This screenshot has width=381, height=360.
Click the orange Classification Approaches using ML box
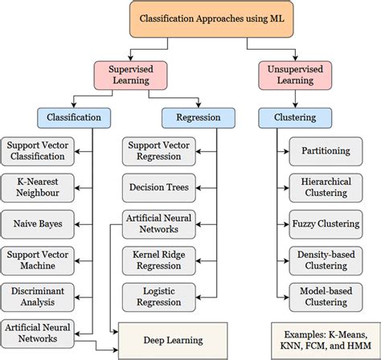pyautogui.click(x=211, y=19)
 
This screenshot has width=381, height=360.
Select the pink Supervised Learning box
pyautogui.click(x=130, y=76)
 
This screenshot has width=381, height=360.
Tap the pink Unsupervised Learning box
pyautogui.click(x=295, y=76)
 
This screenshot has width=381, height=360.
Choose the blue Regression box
pyautogui.click(x=199, y=118)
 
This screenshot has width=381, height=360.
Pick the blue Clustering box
pyautogui.click(x=295, y=118)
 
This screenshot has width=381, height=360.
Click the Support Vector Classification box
pyautogui.click(x=38, y=151)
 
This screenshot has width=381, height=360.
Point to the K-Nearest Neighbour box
pyautogui.click(x=38, y=188)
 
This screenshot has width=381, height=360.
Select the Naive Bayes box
pyautogui.click(x=38, y=224)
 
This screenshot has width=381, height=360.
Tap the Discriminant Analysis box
pyautogui.click(x=38, y=297)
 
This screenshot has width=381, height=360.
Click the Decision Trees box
pyautogui.click(x=159, y=188)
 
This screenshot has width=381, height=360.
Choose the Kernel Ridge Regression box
pyautogui.click(x=159, y=260)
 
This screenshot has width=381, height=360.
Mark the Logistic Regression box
pyautogui.click(x=159, y=297)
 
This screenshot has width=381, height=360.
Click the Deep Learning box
pyautogui.click(x=173, y=341)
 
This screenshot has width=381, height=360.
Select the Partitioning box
pyautogui.click(x=326, y=151)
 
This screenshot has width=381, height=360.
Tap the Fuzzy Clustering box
pyautogui.click(x=326, y=224)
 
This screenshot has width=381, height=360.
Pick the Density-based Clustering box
pyautogui.click(x=326, y=260)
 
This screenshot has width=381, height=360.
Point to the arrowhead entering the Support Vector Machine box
pyautogui.click(x=77, y=261)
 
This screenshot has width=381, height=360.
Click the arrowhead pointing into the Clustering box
pyautogui.click(x=295, y=105)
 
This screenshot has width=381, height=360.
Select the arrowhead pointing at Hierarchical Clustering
pyautogui.click(x=287, y=188)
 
